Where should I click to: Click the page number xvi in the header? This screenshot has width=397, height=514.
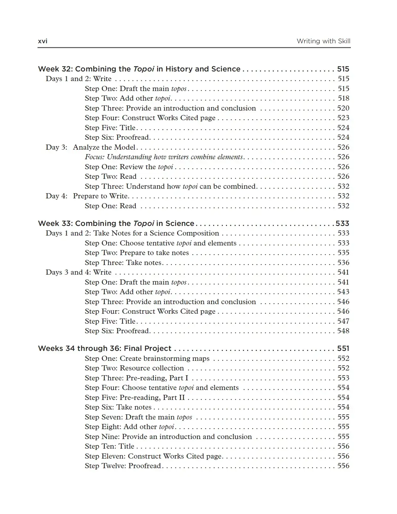point(43,41)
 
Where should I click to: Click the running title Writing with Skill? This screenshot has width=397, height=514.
point(323,41)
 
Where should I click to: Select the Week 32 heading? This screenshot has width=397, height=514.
point(139,69)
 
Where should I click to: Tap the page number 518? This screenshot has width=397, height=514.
point(343,98)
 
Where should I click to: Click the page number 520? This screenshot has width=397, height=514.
point(343,108)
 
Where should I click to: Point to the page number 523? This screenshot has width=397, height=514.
point(343,118)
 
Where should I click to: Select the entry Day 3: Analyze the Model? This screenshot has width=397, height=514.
point(91,147)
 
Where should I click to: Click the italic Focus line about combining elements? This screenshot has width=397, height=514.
point(164,157)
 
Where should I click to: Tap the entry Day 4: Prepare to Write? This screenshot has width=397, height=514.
point(87,196)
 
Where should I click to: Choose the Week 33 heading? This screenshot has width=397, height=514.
point(116,223)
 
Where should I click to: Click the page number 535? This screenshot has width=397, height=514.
point(343,253)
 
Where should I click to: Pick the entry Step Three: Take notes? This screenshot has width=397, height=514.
point(123,263)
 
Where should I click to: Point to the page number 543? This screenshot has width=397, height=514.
point(343,292)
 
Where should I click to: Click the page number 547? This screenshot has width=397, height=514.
point(343,321)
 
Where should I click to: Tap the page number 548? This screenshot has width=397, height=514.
point(343,331)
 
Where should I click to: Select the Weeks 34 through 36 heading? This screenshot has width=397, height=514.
point(105,348)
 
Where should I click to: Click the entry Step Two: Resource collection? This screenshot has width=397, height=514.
point(134,368)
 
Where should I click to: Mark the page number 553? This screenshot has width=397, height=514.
point(343,378)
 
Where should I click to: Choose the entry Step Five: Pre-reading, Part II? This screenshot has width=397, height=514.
point(135,398)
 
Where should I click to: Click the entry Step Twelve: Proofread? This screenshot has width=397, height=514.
point(123,466)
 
